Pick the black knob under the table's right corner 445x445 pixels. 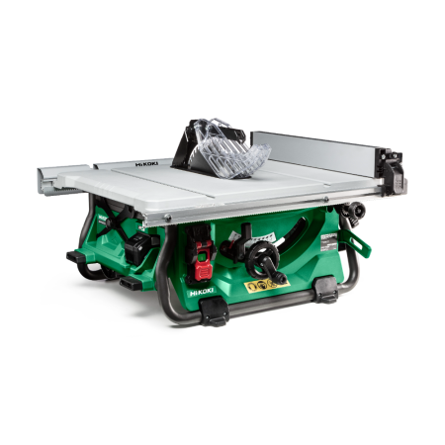(350, 211)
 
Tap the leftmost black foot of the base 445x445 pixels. (76, 258)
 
